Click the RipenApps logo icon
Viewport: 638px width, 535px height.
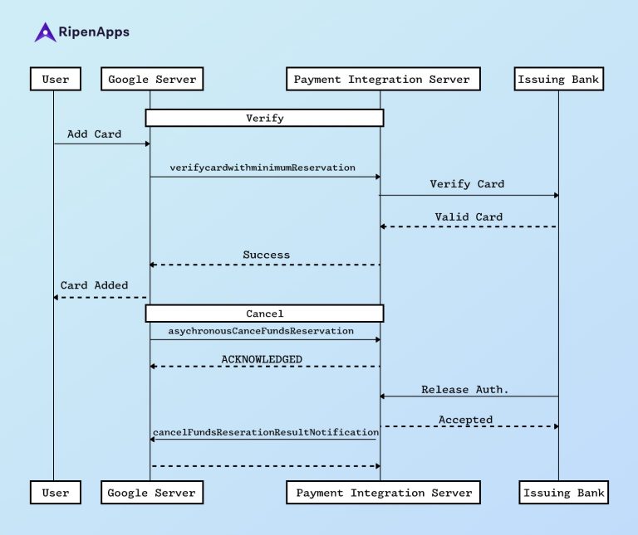45,32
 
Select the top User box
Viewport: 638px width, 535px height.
56,80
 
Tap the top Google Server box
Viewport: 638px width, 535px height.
151,80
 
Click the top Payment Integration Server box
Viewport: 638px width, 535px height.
382,80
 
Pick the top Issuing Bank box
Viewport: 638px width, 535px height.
557,80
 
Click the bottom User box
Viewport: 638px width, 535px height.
56,493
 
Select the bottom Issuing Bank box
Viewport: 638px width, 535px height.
563,493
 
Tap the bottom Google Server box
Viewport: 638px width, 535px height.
151,493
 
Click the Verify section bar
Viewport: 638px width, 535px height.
264,119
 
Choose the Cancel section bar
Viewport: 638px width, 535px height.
264,314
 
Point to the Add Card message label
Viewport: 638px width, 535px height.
94,134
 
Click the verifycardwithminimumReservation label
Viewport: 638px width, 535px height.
263,168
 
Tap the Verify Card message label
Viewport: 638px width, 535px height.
466,184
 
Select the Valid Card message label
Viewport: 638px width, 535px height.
468,217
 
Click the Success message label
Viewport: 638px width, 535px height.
266,255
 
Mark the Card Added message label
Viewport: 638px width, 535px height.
94,285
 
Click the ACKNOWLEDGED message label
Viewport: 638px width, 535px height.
261,359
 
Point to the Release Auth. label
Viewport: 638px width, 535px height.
464,389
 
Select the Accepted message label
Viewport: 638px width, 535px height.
465,420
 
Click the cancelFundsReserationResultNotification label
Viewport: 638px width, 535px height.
265,432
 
